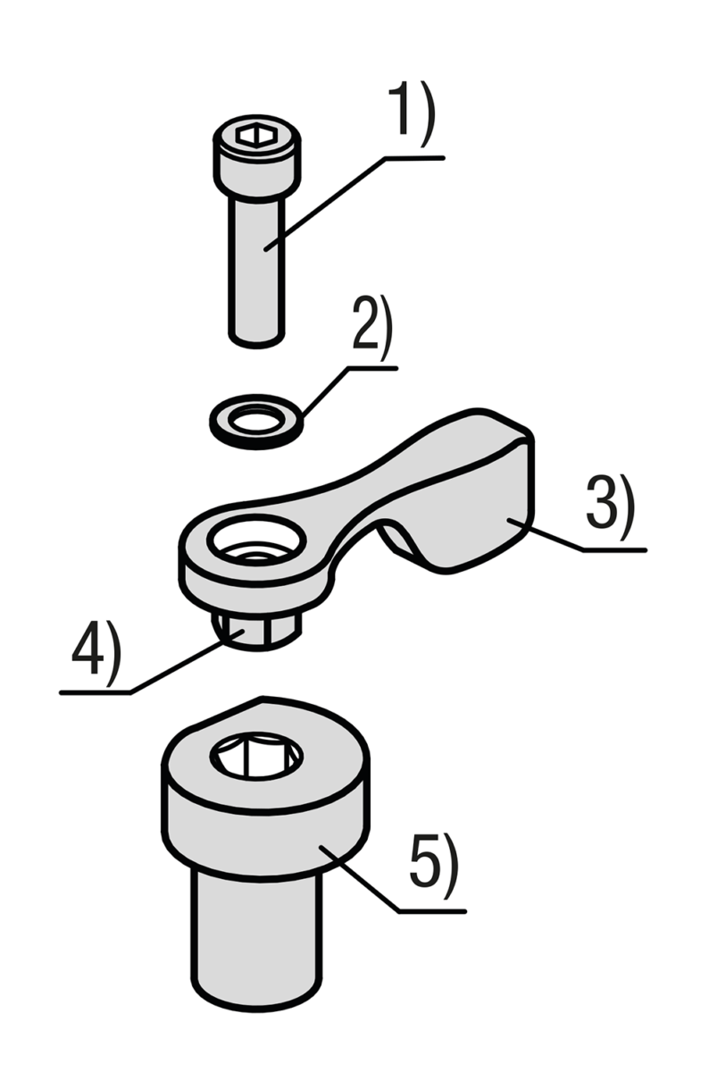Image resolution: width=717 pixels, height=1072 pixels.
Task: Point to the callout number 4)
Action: pyautogui.click(x=96, y=652)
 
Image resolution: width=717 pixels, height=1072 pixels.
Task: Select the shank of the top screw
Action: pyautogui.click(x=257, y=268)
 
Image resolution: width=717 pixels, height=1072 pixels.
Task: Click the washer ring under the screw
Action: pyautogui.click(x=257, y=422)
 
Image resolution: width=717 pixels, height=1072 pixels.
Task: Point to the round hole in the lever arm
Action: pyautogui.click(x=257, y=539)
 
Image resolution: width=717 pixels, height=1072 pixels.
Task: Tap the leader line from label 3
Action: pyautogui.click(x=577, y=534)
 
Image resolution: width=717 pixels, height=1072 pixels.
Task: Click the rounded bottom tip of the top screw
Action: pyautogui.click(x=257, y=340)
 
